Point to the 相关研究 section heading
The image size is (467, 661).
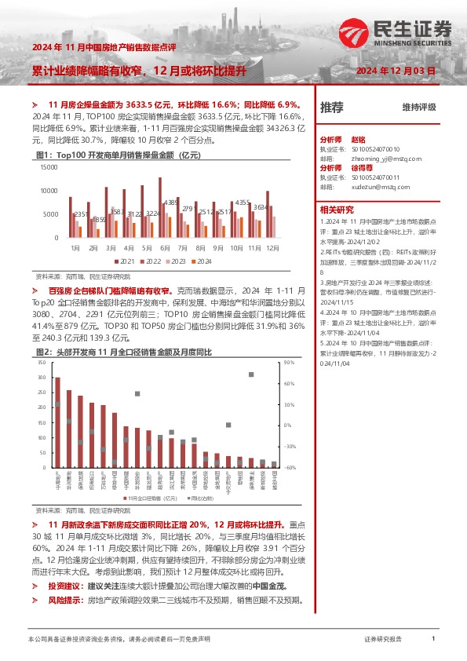pyautogui.click(x=337, y=210)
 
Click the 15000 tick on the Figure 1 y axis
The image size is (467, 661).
pyautogui.click(x=48, y=166)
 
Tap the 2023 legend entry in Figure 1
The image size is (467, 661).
pyautogui.click(x=177, y=261)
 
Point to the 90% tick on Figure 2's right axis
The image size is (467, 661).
pyautogui.click(x=289, y=363)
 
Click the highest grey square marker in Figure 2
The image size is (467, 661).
pyautogui.click(x=251, y=374)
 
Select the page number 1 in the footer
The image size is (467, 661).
pyautogui.click(x=433, y=640)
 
